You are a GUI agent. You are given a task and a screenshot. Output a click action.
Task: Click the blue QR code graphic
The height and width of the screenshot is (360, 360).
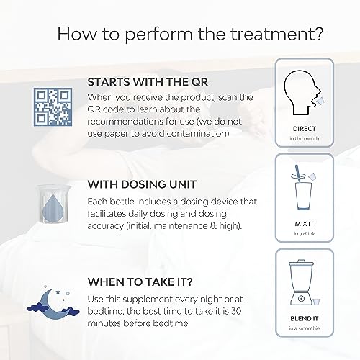53,107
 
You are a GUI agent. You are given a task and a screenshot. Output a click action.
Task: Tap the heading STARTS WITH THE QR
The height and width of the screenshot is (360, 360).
148,82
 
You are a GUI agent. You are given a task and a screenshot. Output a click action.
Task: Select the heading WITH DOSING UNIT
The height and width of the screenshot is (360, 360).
142,184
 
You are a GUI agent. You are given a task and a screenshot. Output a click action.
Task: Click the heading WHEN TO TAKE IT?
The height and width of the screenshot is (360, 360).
140,282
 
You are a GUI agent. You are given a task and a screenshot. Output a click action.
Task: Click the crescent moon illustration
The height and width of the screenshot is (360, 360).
51,305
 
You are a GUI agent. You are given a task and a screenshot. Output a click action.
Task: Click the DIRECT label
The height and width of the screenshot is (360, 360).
305,129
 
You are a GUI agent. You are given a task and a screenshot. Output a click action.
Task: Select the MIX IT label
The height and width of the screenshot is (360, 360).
305,224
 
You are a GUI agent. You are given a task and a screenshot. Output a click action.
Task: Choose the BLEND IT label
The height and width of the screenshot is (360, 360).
305,319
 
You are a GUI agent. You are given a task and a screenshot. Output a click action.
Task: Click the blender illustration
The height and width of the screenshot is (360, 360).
302,282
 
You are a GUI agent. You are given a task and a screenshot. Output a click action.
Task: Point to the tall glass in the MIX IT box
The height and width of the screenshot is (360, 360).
303,196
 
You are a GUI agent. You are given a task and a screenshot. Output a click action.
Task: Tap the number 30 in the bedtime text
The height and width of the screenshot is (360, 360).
236,311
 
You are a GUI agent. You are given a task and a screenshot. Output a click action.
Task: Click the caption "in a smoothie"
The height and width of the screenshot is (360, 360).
305,328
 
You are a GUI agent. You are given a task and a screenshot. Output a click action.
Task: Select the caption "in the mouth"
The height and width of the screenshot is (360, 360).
305,138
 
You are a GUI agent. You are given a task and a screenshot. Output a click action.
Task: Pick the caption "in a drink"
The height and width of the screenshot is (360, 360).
305,233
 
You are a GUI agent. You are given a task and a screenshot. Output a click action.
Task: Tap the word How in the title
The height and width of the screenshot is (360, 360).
77,34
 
